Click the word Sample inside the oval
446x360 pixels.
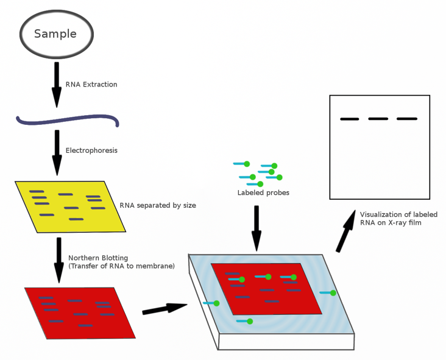click(x=55, y=34)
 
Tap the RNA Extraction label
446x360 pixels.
click(x=91, y=85)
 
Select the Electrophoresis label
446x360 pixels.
click(x=91, y=150)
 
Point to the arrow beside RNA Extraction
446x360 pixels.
click(x=57, y=85)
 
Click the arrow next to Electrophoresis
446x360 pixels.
click(x=57, y=153)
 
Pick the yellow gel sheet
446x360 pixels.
click(x=70, y=206)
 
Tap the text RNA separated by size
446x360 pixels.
click(x=158, y=205)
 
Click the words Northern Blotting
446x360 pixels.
click(x=98, y=258)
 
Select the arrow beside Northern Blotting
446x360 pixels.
click(x=59, y=260)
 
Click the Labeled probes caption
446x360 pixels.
click(x=263, y=193)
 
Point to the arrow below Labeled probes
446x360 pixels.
click(x=257, y=228)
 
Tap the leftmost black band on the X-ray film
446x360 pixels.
click(x=350, y=119)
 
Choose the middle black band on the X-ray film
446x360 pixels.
click(x=378, y=119)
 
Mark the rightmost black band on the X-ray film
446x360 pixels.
click(x=407, y=119)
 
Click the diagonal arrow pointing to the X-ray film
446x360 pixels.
click(x=346, y=231)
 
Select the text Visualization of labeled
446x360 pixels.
click(x=399, y=214)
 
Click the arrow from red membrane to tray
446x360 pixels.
click(x=165, y=309)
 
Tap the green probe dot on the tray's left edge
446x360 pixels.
click(x=216, y=303)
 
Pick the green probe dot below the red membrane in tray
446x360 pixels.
click(x=250, y=322)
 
